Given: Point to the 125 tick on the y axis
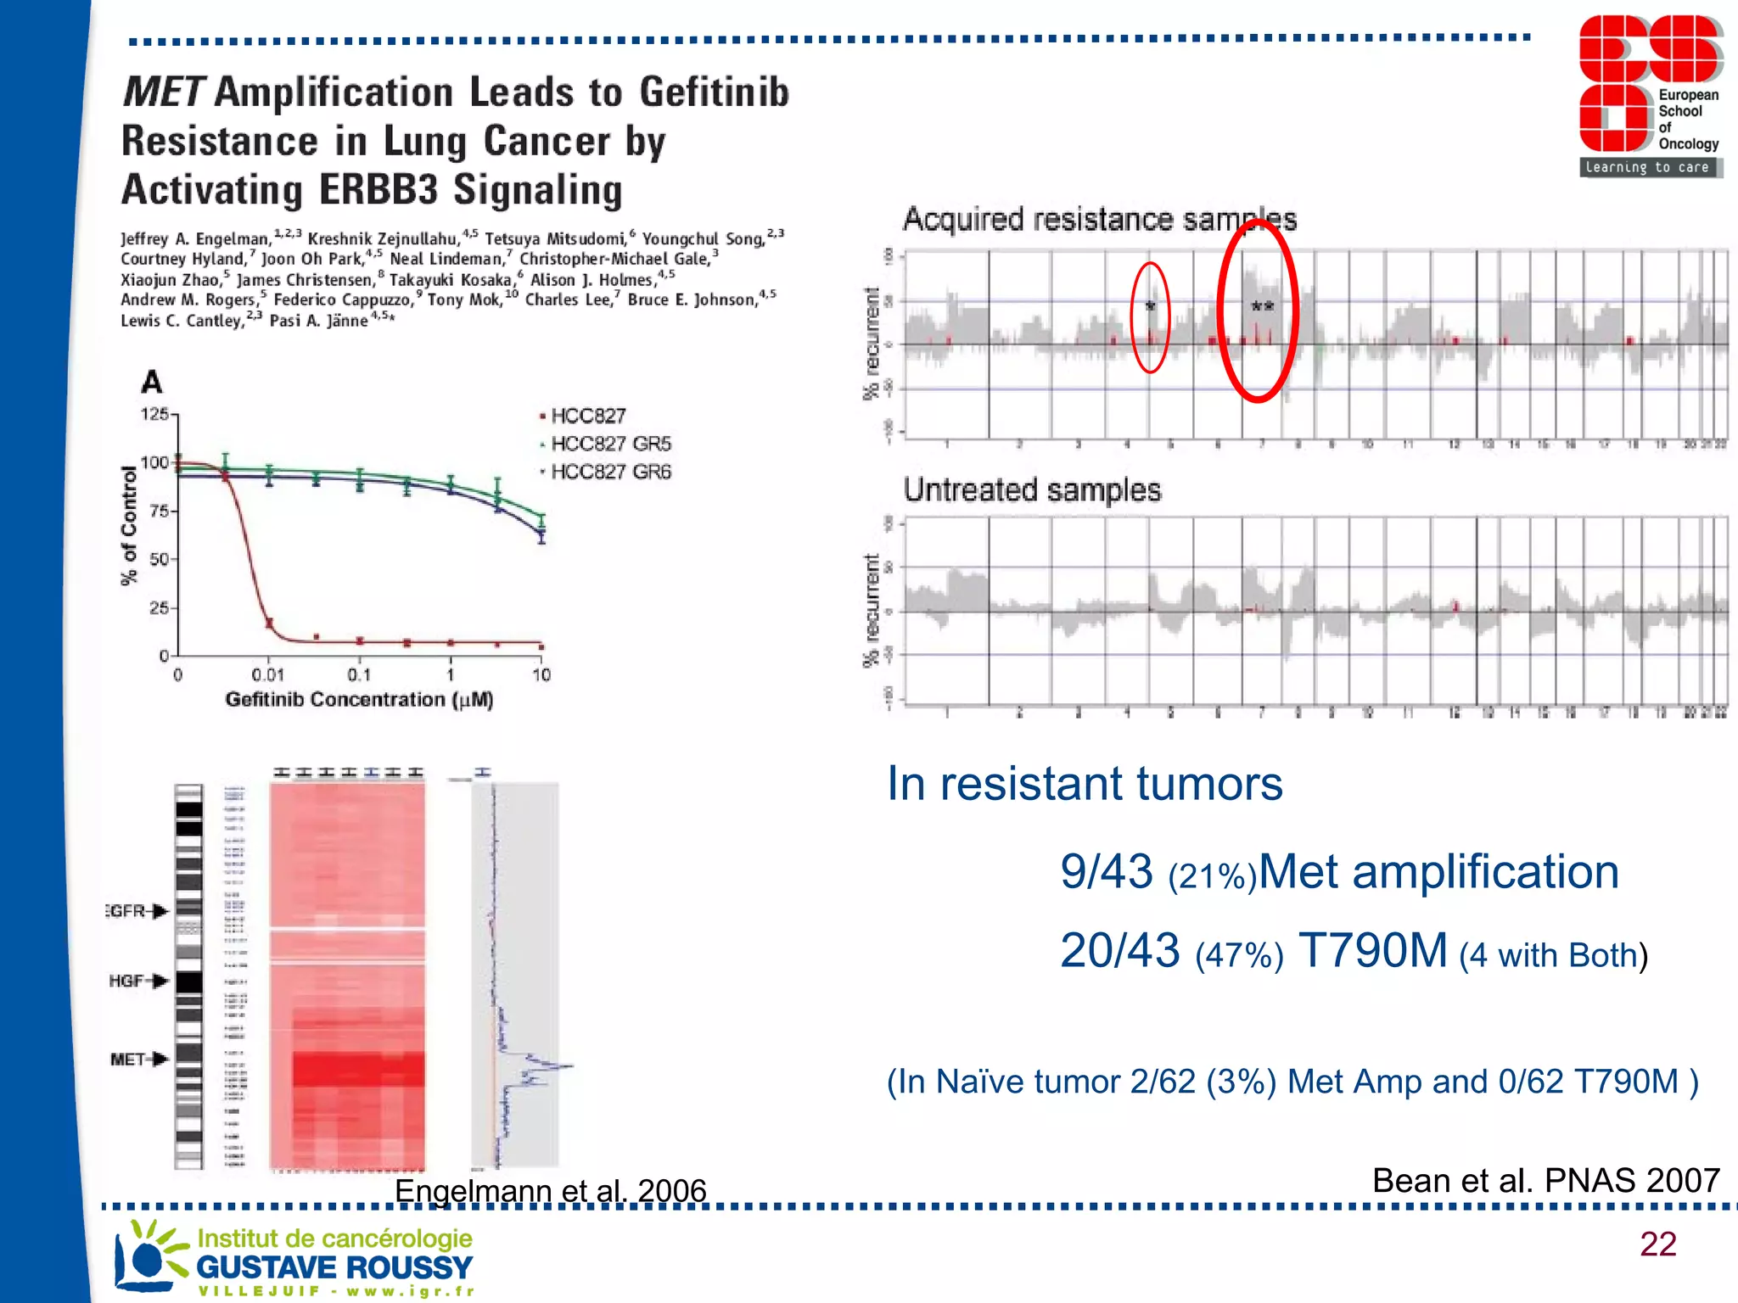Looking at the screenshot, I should coord(155,414).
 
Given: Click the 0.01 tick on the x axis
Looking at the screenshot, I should coord(267,675).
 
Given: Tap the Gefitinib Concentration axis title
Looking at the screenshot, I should coord(359,700).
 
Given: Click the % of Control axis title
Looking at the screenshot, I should coord(129,526).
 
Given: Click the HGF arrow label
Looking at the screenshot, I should coord(137,981).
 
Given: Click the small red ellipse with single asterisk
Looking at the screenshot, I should coord(1150,317).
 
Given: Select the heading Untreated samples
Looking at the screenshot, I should coord(1032,490).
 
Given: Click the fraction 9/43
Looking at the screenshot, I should coord(1106,872).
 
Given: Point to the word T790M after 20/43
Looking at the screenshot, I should coord(1372,951).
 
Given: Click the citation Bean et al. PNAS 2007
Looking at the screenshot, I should coord(1545,1180).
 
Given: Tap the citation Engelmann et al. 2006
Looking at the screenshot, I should coord(550,1190).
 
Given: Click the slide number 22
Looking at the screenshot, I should coord(1657,1244).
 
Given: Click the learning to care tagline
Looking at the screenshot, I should coord(1647,167).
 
